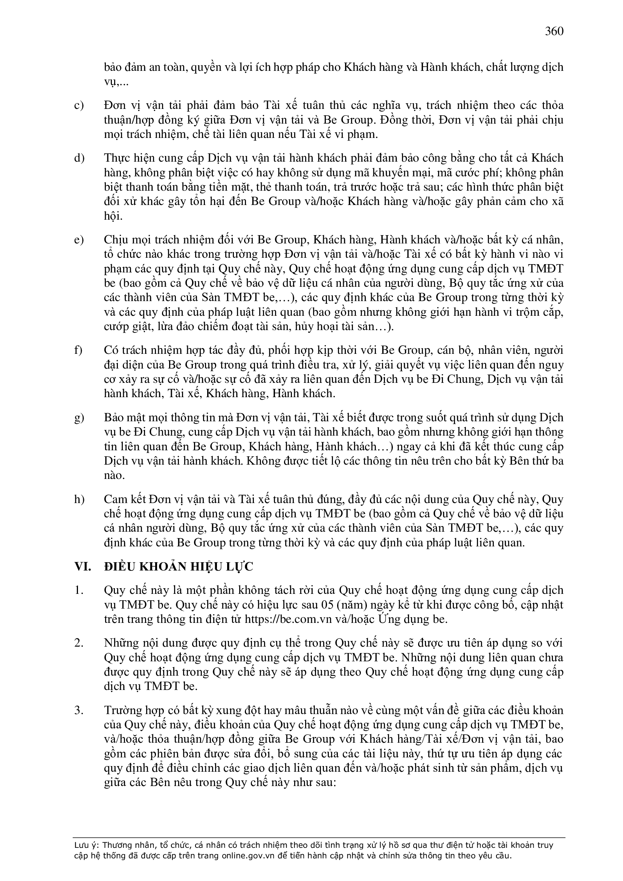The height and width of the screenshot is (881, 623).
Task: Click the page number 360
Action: (554, 31)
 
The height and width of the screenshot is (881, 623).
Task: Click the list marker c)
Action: (79, 106)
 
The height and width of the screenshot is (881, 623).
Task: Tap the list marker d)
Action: (79, 158)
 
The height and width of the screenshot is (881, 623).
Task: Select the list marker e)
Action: (79, 240)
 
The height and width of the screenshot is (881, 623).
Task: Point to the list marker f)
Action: (78, 350)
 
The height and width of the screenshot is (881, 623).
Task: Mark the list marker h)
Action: (79, 499)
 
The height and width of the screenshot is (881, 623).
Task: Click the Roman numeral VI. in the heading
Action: (82, 566)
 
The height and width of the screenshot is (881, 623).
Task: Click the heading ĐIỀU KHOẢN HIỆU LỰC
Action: (179, 566)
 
